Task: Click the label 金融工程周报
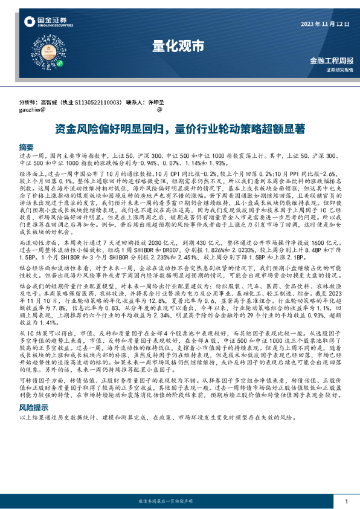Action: click(330, 60)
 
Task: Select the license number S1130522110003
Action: click(101, 103)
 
